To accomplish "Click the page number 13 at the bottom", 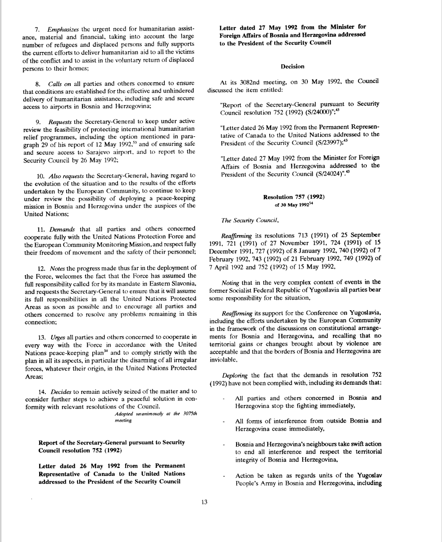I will point(204,502).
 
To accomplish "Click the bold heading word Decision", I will point(292,67).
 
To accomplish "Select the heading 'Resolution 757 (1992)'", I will point(293,197).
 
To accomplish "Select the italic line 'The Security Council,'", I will point(244,220).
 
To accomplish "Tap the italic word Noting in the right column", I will point(230,282).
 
